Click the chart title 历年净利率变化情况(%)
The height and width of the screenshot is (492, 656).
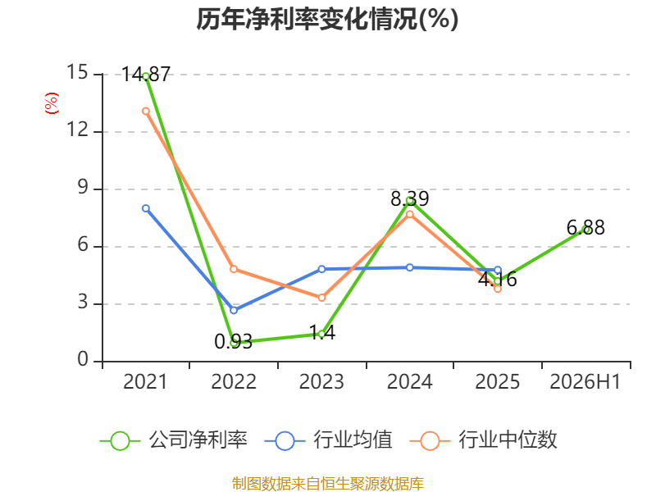pos(327,19)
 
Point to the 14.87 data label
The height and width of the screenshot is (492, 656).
pos(146,75)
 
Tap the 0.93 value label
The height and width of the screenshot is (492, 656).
pos(234,342)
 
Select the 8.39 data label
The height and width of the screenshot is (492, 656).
pos(409,198)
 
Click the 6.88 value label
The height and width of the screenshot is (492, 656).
pos(585,228)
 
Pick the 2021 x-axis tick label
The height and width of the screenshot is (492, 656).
pos(145,381)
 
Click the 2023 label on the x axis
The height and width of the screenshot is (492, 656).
pos(321,381)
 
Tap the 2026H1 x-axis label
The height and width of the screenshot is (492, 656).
pos(585,381)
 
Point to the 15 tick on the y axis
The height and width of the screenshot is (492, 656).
pos(77,72)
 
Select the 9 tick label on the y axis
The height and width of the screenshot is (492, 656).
pos(83,188)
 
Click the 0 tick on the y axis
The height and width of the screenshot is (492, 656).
pos(83,359)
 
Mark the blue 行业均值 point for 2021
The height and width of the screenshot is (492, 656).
pos(146,208)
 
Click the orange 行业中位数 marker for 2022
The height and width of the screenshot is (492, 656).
pos(234,269)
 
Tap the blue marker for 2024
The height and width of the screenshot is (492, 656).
pos(409,267)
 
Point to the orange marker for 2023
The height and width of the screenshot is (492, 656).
pos(321,298)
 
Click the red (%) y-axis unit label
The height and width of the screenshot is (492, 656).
pos(52,103)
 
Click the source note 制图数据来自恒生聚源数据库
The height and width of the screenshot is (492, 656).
pos(327,484)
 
